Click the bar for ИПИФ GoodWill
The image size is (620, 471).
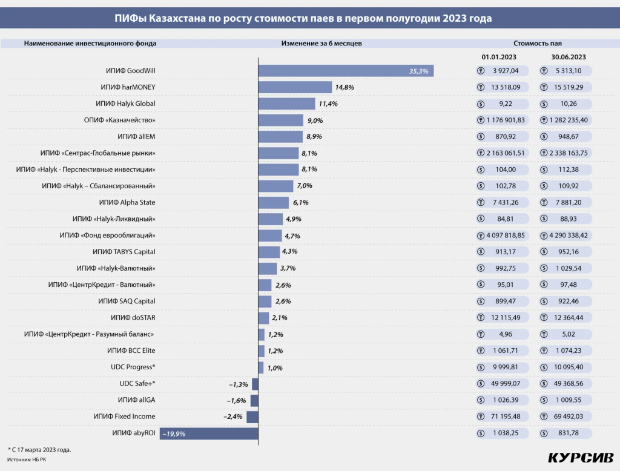click(x=346, y=71)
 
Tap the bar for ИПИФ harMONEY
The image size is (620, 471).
click(x=295, y=87)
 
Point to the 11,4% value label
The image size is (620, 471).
click(x=328, y=104)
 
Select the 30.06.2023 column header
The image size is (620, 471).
click(x=568, y=57)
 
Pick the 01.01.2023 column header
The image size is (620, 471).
click(x=499, y=57)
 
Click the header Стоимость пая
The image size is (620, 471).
click(x=538, y=44)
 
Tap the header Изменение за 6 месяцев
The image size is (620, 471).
click(x=322, y=44)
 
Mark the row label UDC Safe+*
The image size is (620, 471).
click(x=137, y=383)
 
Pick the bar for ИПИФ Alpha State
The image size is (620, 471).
click(x=274, y=203)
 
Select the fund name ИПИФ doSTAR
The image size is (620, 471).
click(x=133, y=317)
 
